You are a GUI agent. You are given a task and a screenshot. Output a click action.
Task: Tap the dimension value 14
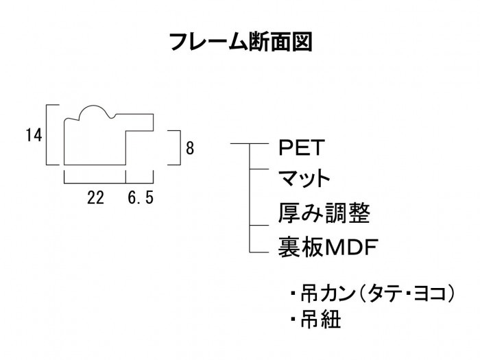click(x=34, y=136)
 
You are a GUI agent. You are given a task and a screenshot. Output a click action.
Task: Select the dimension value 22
click(x=95, y=199)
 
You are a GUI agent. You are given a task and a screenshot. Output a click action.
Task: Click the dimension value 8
click(x=190, y=147)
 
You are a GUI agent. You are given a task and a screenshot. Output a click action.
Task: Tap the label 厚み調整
click(x=324, y=213)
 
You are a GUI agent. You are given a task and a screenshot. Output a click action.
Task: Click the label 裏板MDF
click(x=328, y=245)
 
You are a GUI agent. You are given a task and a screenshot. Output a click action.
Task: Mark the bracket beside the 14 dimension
click(x=48, y=135)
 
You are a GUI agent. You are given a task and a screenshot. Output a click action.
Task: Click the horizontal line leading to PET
click(x=242, y=144)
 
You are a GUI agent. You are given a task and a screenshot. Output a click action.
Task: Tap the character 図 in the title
click(x=301, y=42)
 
